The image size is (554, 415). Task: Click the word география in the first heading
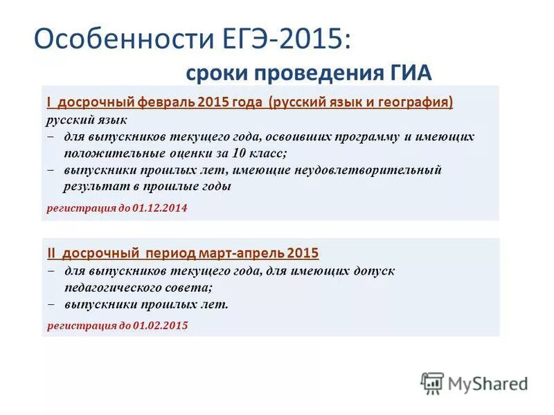click(419, 102)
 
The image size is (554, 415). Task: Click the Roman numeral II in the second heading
click(51, 252)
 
